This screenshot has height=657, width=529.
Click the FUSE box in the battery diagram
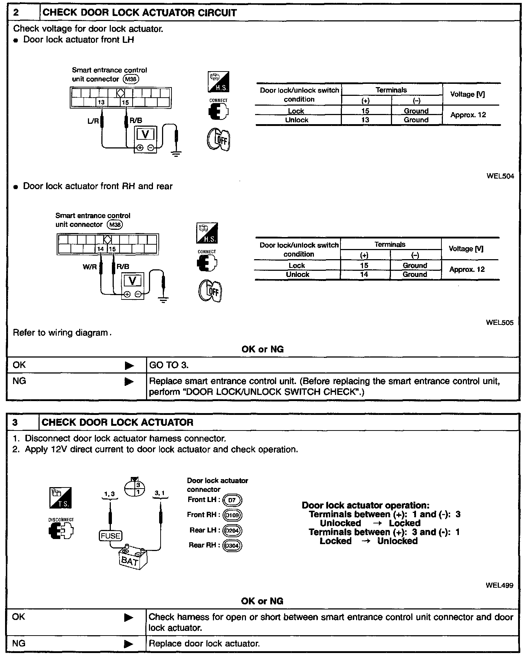click(x=110, y=536)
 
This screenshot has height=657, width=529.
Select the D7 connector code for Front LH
click(x=232, y=500)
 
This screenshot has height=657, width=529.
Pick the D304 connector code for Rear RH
click(x=232, y=546)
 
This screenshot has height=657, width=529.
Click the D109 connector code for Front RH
click(x=232, y=515)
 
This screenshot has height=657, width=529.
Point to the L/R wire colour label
click(x=93, y=121)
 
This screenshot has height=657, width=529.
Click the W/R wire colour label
click(x=90, y=267)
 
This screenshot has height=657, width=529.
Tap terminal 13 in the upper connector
click(x=101, y=102)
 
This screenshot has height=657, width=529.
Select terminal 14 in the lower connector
click(x=101, y=249)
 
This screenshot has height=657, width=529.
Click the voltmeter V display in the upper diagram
click(x=145, y=135)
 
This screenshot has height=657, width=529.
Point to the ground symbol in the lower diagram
click(x=164, y=300)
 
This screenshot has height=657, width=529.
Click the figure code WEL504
click(x=500, y=176)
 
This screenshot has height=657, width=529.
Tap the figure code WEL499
click(x=499, y=585)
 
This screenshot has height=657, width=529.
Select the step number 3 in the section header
click(x=15, y=423)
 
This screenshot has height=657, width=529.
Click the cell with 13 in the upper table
click(x=366, y=120)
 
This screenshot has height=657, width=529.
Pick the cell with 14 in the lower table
click(x=364, y=275)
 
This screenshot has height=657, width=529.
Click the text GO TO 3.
click(x=169, y=365)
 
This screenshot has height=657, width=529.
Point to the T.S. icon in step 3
click(x=61, y=498)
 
